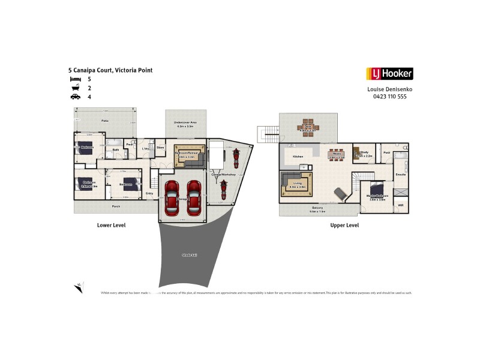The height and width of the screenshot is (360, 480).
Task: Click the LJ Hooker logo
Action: (389, 74)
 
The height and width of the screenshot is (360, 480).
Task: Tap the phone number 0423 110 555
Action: (389, 96)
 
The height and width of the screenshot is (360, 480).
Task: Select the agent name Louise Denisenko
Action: (389, 89)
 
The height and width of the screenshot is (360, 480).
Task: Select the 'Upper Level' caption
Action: (344, 226)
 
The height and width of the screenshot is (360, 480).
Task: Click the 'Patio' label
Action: (104, 121)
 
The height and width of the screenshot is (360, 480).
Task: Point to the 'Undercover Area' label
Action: (186, 123)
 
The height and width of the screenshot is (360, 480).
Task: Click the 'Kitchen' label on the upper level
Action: (298, 157)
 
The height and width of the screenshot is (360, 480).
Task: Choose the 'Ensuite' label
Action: (401, 174)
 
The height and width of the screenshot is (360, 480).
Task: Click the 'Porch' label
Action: (116, 206)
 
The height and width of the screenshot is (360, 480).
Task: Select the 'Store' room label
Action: (160, 147)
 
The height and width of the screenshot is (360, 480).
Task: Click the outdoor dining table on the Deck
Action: (308, 128)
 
